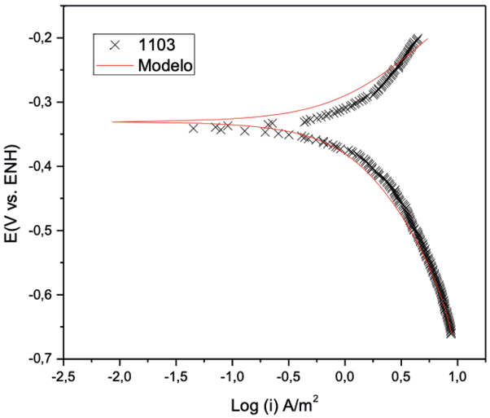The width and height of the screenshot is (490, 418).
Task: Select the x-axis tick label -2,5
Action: coord(64,376)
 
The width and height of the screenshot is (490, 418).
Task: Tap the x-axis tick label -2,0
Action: coord(120,376)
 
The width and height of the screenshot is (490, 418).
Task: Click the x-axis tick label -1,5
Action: coord(177,376)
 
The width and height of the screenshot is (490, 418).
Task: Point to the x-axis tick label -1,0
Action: coord(233,376)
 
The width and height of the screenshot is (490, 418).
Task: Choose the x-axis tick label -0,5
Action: coord(289,376)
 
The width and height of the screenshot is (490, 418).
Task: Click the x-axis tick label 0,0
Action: coord(346,376)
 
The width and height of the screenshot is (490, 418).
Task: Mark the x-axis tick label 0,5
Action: coord(402,376)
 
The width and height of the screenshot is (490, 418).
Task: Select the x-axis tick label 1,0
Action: coord(458,376)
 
